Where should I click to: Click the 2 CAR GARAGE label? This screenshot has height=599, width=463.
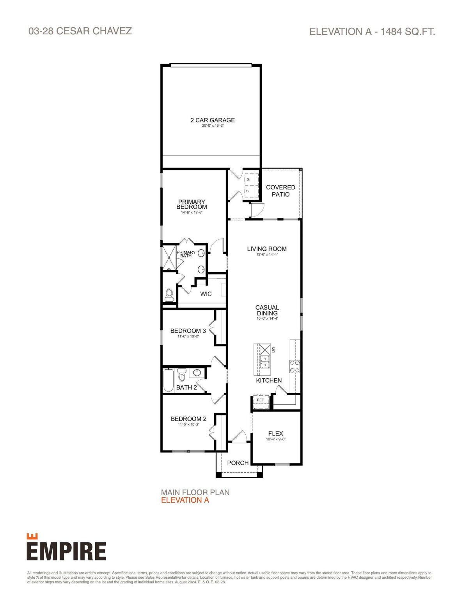click(x=213, y=120)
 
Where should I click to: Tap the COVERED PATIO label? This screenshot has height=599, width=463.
click(x=280, y=191)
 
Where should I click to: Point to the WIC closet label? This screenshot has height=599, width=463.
click(x=206, y=294)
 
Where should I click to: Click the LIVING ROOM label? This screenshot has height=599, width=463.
click(x=267, y=249)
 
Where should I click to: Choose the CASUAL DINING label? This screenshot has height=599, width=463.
click(x=267, y=310)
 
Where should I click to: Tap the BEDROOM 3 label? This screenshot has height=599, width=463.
click(x=185, y=331)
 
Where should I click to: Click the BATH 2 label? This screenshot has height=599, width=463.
click(x=186, y=387)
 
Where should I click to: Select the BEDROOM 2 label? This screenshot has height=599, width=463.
click(x=188, y=419)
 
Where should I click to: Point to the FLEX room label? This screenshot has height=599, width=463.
click(x=275, y=434)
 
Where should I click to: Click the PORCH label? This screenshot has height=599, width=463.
click(x=238, y=463)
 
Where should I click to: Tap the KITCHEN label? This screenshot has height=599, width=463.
click(x=269, y=380)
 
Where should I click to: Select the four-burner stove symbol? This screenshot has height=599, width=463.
click(x=294, y=366)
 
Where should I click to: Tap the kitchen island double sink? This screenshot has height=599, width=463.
click(x=265, y=362)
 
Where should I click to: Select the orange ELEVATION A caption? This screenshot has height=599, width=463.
click(x=185, y=500)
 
